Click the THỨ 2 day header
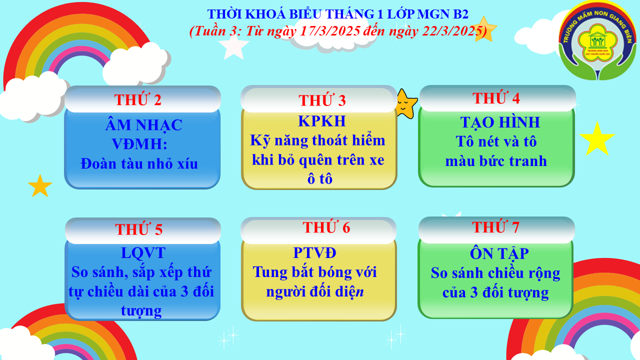pos(137,99)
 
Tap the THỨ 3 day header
pos(322,100)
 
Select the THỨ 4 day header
pos(496,97)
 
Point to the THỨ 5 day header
pos(139,229)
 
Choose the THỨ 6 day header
pos(326,227)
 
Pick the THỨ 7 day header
pos(495,227)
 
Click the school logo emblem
pos(597,40)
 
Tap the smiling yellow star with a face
pos(405,103)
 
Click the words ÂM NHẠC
pos(143,125)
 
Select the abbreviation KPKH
pos(322,121)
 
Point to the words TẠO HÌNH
pos(500,122)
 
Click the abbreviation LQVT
pos(143,252)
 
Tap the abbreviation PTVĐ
pos(315,252)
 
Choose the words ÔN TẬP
pos(499,253)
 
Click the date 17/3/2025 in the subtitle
pos(330,31)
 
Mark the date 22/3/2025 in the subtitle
pos(452,31)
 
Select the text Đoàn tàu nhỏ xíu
pos(139,163)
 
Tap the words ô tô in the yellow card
pos(319,179)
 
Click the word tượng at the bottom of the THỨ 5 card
pos(141,311)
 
